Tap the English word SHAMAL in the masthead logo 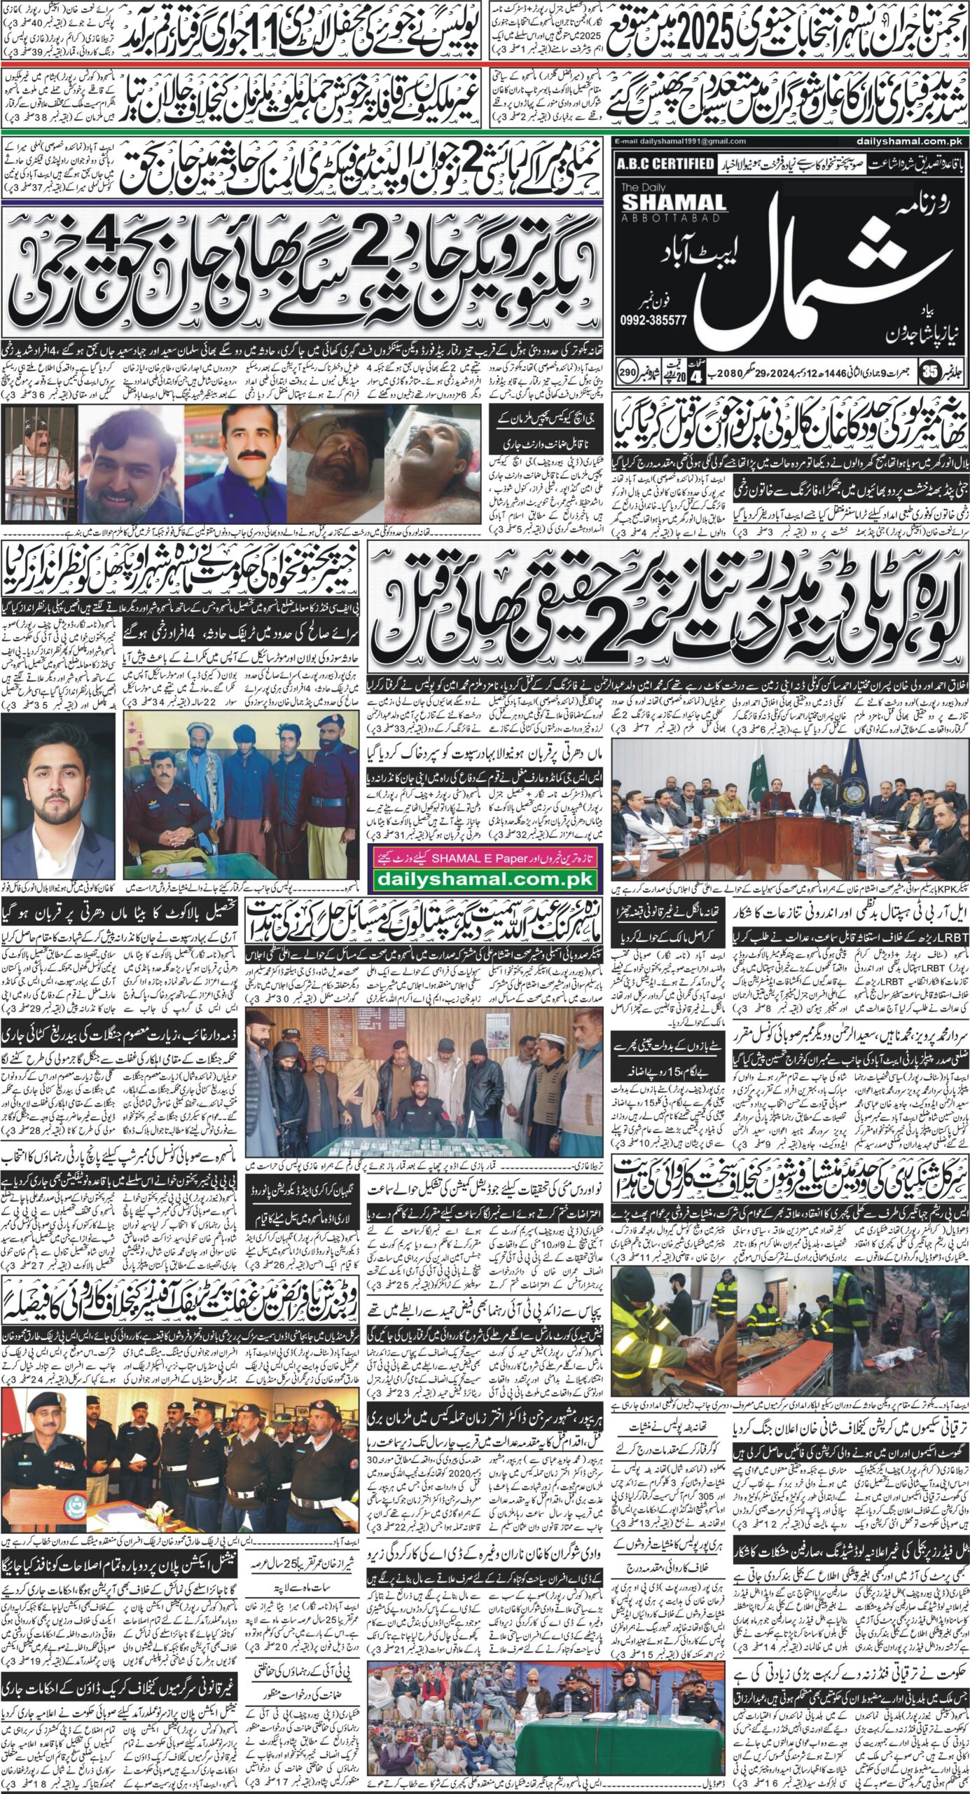[x=673, y=203]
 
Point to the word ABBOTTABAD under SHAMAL [x=665, y=218]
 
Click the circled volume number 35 [x=950, y=369]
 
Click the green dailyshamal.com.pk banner [x=483, y=879]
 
